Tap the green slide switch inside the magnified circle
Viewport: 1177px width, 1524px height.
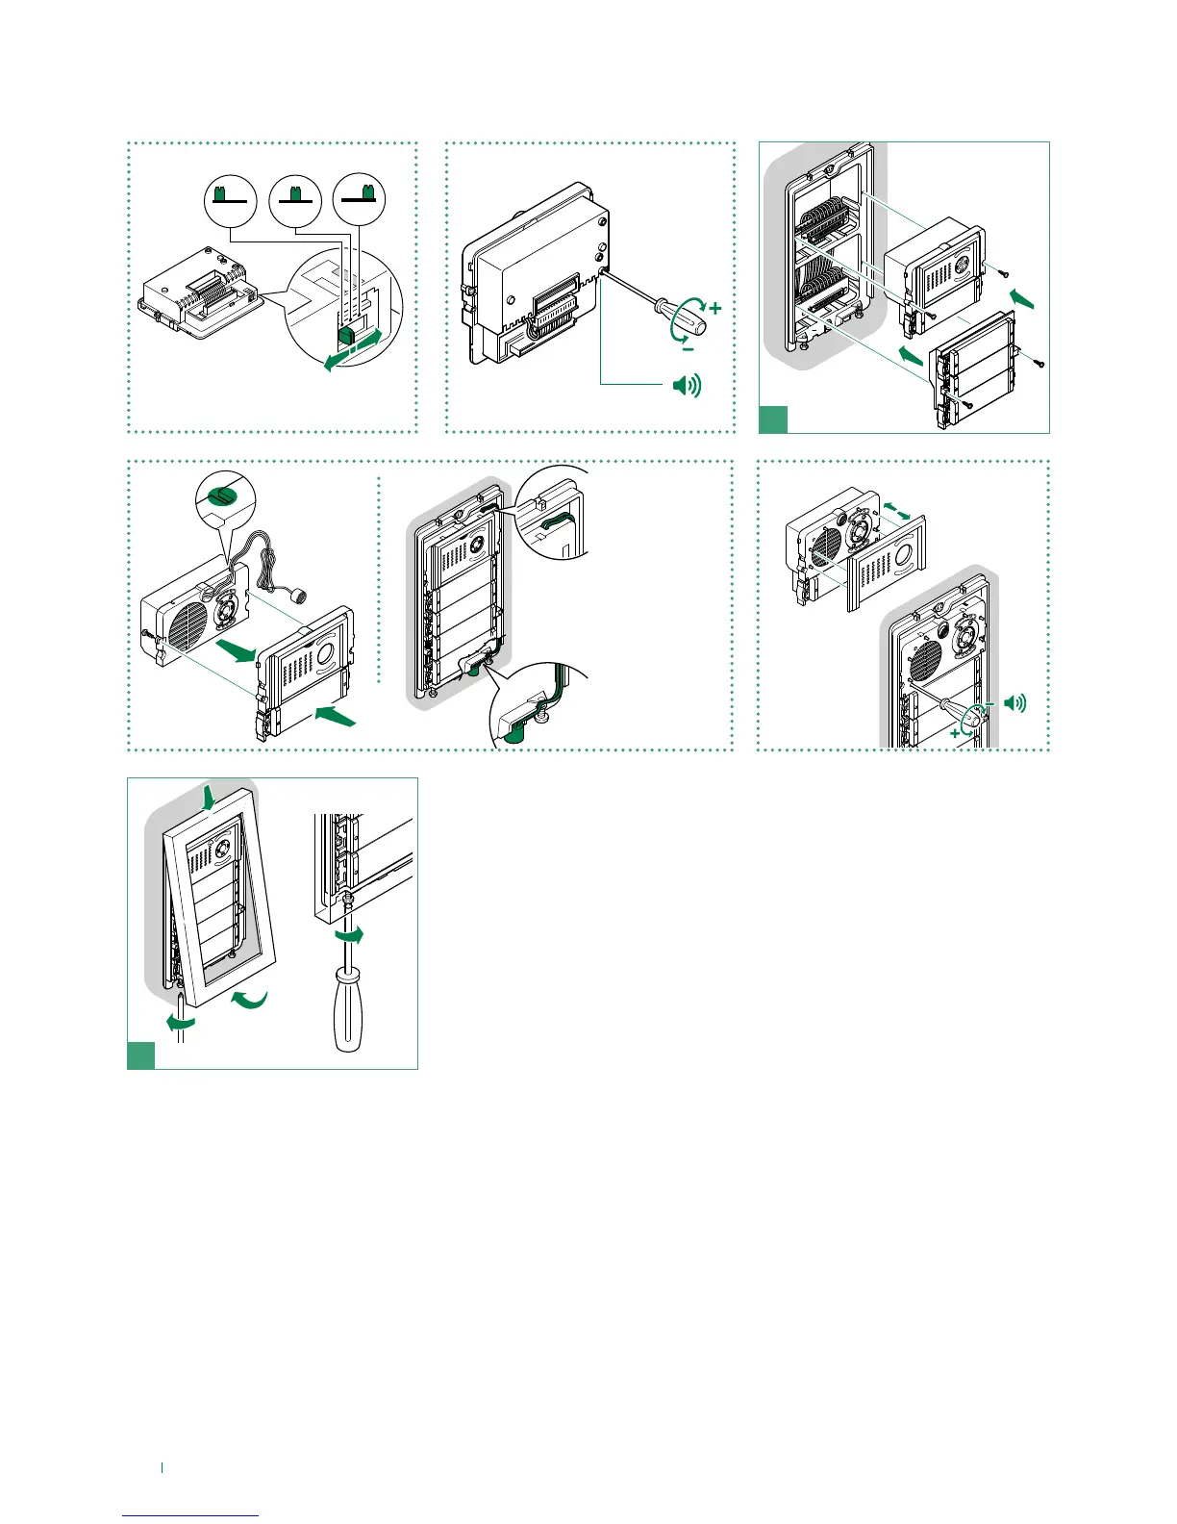point(347,335)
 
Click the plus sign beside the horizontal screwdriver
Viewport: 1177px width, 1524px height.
point(714,309)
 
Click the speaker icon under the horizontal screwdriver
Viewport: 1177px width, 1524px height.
point(687,387)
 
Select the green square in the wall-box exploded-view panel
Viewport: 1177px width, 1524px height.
point(774,419)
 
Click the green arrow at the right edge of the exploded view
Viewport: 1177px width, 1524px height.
point(1024,298)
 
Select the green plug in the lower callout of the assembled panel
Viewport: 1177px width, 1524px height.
point(513,735)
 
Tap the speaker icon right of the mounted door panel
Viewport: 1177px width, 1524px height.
point(1014,703)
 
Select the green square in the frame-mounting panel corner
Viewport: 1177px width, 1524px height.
point(141,1055)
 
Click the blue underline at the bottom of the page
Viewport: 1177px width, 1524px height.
point(190,1515)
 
